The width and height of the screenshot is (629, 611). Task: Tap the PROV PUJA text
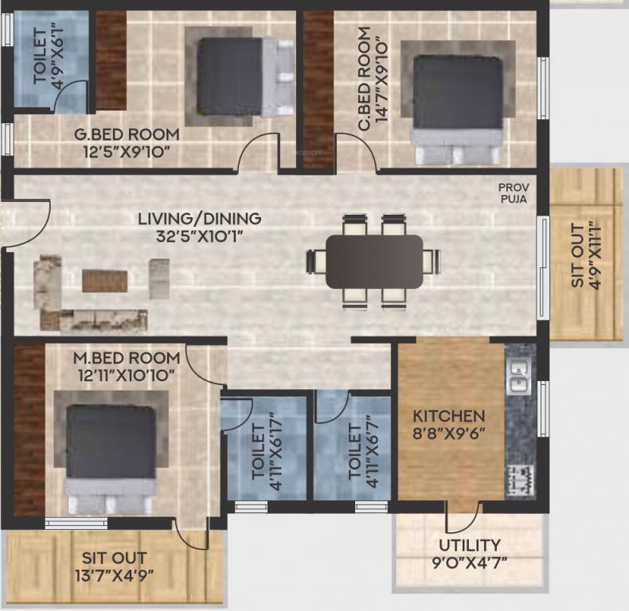[513, 193]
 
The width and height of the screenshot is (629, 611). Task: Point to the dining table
[374, 261]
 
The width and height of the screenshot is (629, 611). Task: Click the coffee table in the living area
[104, 280]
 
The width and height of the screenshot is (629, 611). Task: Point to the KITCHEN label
[448, 416]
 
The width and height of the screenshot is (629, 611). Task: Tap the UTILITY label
[470, 545]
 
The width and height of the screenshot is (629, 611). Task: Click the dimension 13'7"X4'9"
[115, 574]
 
